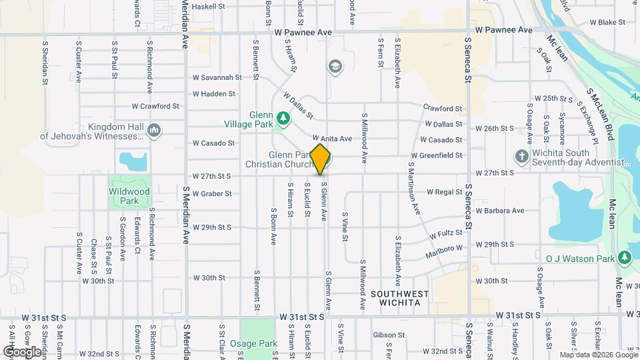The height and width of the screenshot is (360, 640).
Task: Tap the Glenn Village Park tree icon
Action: click(x=284, y=118)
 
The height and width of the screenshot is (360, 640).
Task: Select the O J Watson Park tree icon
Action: click(x=624, y=257)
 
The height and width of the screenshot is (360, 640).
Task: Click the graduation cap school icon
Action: click(x=334, y=65)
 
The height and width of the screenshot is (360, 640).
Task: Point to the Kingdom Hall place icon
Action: click(x=155, y=129)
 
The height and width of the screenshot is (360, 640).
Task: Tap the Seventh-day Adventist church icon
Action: click(x=522, y=156)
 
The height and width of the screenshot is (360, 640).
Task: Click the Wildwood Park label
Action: click(x=129, y=195)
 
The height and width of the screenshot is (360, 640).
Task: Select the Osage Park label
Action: click(x=258, y=343)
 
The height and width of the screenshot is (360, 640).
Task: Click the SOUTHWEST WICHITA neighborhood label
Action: click(x=400, y=298)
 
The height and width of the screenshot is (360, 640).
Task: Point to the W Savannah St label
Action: click(x=217, y=77)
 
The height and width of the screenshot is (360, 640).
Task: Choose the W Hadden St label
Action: click(x=213, y=94)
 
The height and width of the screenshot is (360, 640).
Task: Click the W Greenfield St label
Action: click(x=436, y=155)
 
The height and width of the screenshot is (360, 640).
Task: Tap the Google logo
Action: click(x=22, y=351)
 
